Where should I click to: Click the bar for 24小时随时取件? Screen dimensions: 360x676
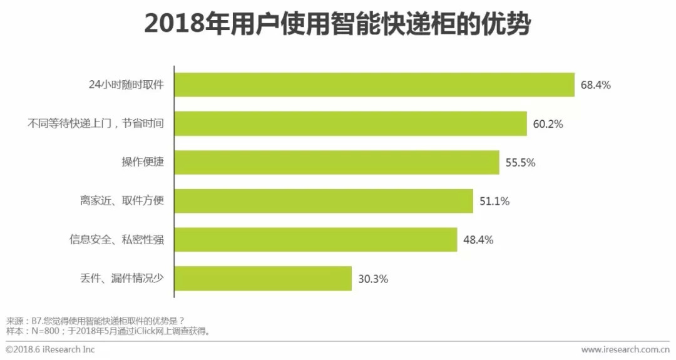tap(374, 85)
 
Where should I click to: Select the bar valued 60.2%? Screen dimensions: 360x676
tap(351, 124)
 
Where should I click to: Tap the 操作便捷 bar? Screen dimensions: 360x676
tap(337, 163)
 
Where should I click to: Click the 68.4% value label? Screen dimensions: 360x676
tap(595, 85)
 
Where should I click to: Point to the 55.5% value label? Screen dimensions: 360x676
tap(520, 163)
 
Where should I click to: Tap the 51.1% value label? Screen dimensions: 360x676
tap(494, 202)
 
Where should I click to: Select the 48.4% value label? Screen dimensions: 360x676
tap(478, 240)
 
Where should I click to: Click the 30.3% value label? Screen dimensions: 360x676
tap(372, 279)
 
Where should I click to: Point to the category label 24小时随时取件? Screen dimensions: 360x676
tap(126, 85)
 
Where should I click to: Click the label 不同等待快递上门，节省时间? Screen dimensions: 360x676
tap(96, 124)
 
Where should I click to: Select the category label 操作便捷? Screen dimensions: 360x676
tap(143, 163)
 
